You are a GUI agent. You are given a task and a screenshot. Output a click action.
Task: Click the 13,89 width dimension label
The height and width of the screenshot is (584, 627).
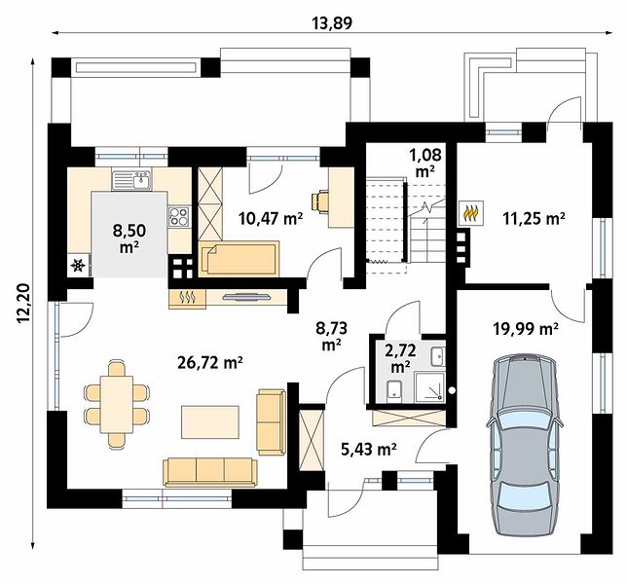[x=332, y=23]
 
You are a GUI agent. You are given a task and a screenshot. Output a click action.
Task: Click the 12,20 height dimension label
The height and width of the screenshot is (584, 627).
[x=23, y=303]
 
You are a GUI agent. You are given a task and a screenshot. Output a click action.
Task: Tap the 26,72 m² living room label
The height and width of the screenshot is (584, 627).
[x=210, y=363]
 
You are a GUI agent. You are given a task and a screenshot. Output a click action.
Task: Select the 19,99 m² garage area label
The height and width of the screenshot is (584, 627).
[x=526, y=329]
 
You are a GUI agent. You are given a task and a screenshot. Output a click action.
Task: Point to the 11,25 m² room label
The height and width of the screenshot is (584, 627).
[x=534, y=218]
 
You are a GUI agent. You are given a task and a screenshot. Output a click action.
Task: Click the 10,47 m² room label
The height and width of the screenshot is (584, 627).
[x=271, y=218]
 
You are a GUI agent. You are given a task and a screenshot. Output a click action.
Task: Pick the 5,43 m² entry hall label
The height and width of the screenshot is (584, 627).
[x=369, y=450]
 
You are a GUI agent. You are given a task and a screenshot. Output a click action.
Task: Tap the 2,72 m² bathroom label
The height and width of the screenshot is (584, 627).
[x=400, y=358]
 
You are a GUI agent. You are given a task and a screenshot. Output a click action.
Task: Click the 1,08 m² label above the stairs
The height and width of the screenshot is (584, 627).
[x=425, y=163]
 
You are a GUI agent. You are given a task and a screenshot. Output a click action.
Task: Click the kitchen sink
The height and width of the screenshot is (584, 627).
[x=132, y=180]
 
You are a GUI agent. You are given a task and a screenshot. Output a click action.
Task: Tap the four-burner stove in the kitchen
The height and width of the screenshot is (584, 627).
[x=179, y=216]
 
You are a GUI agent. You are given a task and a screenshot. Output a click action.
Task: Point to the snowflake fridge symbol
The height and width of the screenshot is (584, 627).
[x=78, y=266]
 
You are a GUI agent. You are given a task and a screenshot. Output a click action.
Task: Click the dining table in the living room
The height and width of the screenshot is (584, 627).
[x=117, y=404]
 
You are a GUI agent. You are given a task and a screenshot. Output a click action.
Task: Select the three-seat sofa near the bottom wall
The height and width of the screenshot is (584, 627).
[x=210, y=472]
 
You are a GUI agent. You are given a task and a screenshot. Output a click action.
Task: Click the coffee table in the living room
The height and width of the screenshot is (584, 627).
[x=210, y=422]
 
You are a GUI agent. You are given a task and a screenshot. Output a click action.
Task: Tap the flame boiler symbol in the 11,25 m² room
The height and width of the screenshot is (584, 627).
[x=472, y=213]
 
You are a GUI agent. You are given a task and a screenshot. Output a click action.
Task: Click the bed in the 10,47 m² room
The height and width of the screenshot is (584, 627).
[x=239, y=258]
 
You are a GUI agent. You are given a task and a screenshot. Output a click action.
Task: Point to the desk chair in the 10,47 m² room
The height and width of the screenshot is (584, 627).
[x=320, y=201]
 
